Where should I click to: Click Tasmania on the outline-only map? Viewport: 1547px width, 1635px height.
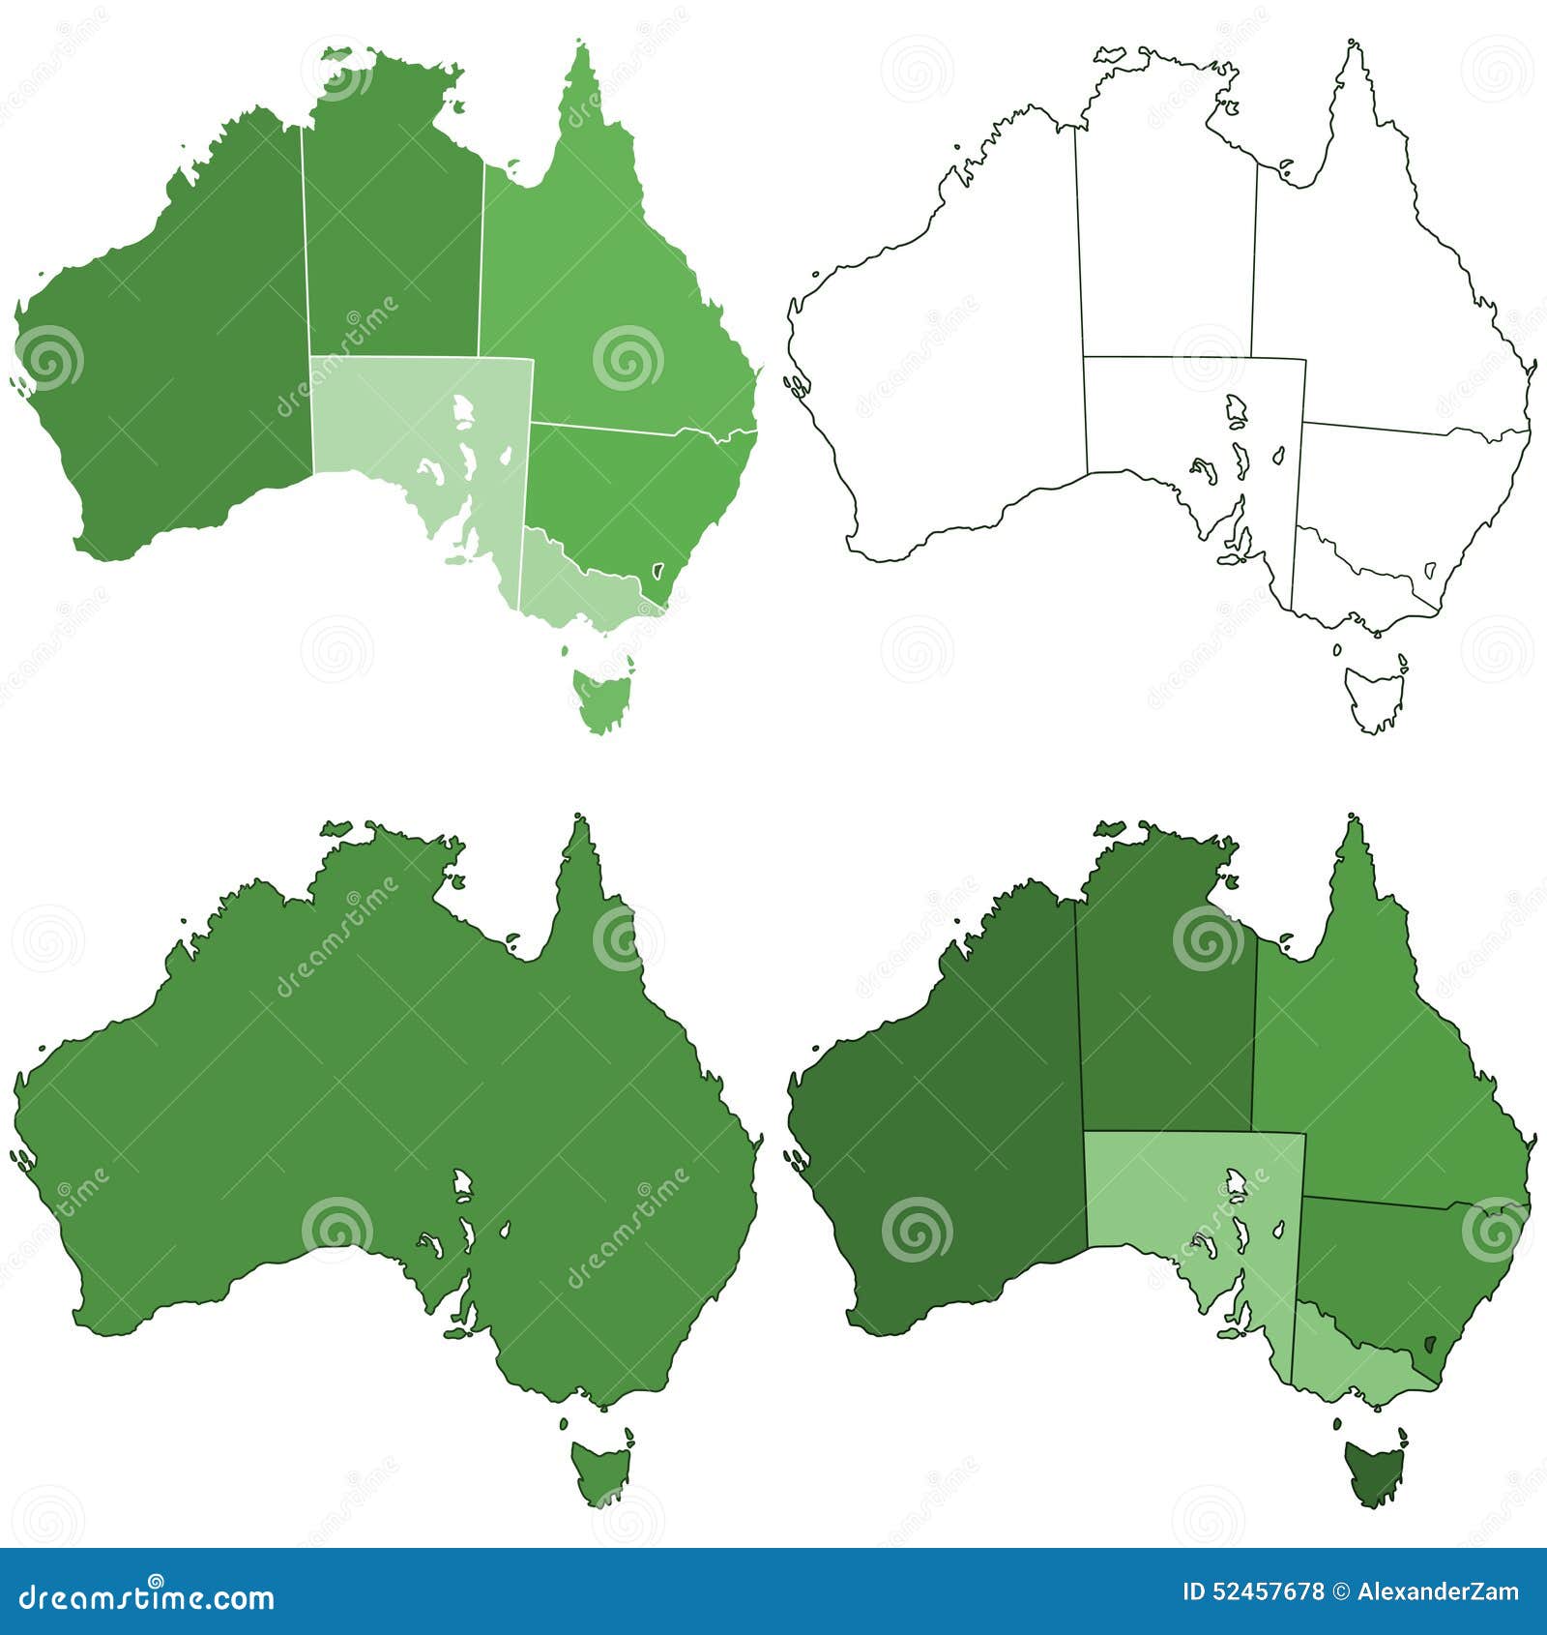pos(1373,697)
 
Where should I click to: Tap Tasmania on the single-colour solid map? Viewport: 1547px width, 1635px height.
pos(599,1471)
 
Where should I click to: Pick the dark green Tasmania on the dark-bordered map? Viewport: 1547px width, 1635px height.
pos(1373,1471)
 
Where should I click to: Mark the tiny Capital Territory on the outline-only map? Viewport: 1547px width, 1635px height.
pos(1431,570)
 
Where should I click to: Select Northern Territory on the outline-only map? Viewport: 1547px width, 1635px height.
pos(1165,242)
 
